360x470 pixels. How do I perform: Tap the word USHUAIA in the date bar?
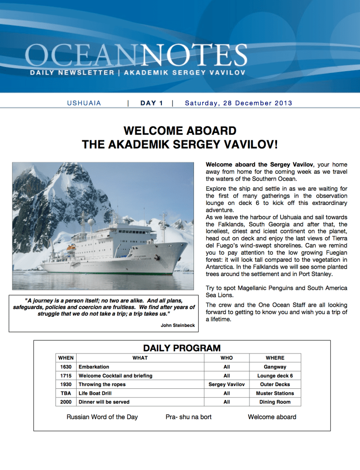[84, 103]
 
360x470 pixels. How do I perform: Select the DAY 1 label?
[151, 103]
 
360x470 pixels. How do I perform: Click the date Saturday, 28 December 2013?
[238, 103]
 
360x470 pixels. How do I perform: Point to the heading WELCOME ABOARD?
[180, 132]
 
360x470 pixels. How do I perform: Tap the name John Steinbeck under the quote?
[177, 326]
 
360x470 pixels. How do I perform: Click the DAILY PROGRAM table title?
[182, 348]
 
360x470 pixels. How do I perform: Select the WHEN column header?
[66, 358]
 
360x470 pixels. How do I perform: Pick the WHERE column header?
[275, 358]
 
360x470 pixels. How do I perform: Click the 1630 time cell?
[66, 367]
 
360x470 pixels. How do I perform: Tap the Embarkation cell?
[94, 367]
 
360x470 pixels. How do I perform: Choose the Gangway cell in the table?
[275, 367]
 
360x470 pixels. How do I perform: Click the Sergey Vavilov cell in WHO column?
[227, 384]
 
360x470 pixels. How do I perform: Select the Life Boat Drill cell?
[95, 393]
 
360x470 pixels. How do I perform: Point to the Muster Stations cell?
[275, 393]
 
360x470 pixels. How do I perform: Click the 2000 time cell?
[66, 402]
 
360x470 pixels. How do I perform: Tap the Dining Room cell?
[275, 402]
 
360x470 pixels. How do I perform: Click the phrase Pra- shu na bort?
[188, 417]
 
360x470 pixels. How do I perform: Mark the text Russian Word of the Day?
[102, 417]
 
